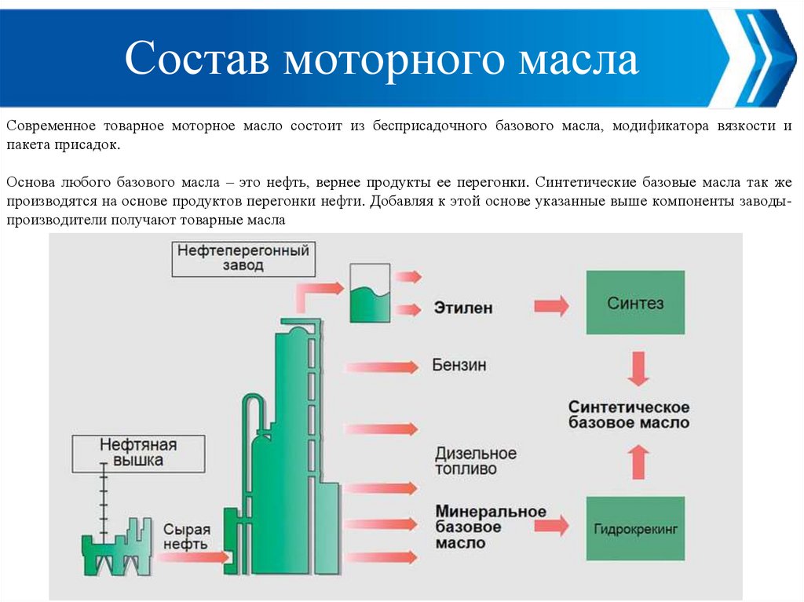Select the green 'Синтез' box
coord(635,303)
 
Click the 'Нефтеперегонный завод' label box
coord(243,258)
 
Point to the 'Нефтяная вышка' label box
coord(137,453)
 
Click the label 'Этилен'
coord(463,308)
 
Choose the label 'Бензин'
coord(459,365)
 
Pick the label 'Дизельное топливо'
coord(476,462)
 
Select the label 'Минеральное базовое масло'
coord(490,527)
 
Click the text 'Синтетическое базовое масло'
coord(630,414)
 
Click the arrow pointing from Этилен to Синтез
coord(551,305)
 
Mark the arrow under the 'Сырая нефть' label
coord(193,557)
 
